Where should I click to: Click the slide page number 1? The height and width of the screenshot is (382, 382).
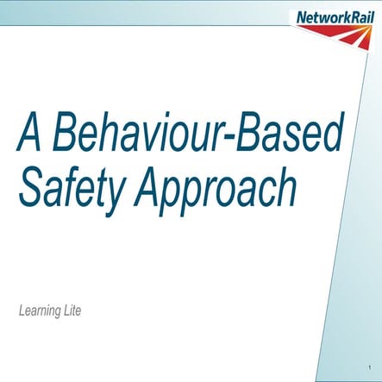coord(368,369)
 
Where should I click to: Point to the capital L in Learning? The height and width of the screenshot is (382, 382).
coord(22,308)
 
